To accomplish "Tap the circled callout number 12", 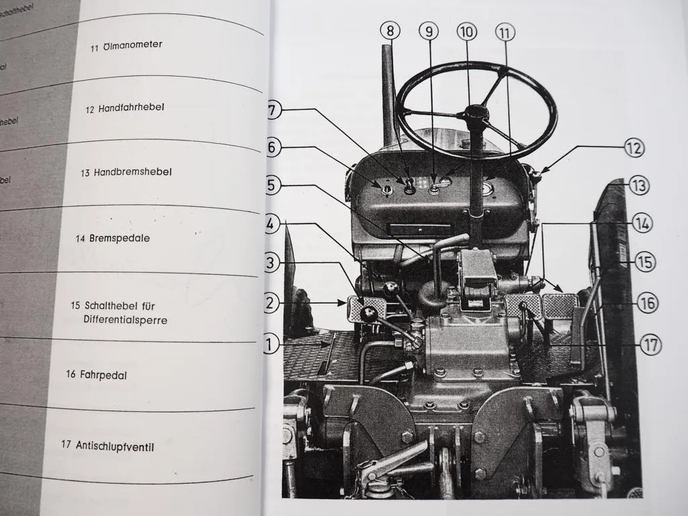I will (x=634, y=148).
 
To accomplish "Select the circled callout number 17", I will (x=650, y=345).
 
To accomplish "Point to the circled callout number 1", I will (x=270, y=345).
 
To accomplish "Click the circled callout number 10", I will (x=466, y=32).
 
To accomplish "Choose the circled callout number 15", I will (x=645, y=262).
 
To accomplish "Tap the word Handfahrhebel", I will (x=132, y=108).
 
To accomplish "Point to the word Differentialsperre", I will (x=126, y=320).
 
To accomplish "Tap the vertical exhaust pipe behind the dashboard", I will (x=388, y=94).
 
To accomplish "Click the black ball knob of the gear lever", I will (x=369, y=314).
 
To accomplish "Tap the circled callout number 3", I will (x=271, y=263).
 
